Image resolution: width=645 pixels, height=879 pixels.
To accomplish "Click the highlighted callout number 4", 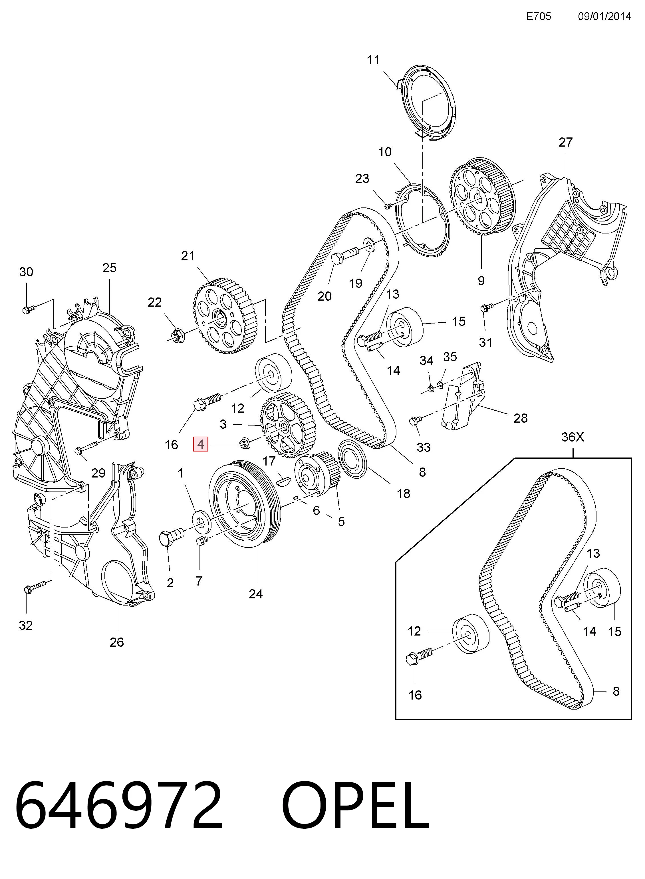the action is [201, 444].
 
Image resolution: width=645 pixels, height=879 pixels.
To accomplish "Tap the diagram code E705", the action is [539, 16].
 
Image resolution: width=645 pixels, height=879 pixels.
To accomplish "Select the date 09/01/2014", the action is [604, 16].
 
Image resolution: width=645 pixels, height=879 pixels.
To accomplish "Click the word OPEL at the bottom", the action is [356, 806].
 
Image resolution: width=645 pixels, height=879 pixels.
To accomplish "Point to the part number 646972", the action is [119, 806].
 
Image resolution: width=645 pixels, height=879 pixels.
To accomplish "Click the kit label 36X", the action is [573, 437].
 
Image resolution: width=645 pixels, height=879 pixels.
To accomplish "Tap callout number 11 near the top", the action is [373, 60].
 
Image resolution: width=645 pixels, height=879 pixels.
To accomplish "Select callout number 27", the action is [565, 142].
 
